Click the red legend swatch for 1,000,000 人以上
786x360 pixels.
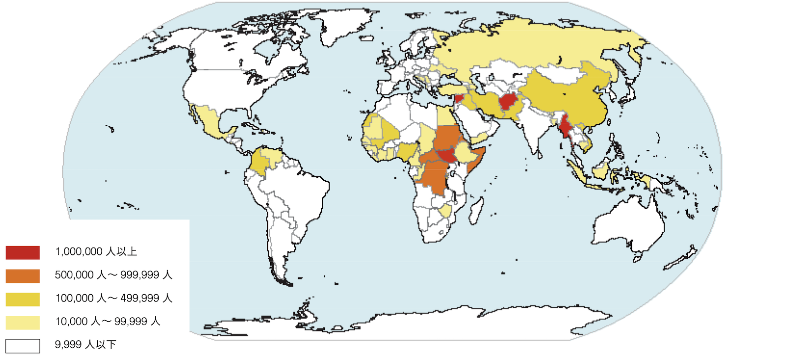coord(23,252)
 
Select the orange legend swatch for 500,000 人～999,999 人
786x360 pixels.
coord(23,276)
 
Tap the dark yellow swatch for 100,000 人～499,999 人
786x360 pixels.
coord(23,299)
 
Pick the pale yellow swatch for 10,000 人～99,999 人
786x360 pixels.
coord(23,323)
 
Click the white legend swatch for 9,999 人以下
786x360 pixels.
coord(23,346)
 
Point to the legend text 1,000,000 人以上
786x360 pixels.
coord(96,252)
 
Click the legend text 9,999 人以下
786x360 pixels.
coord(85,345)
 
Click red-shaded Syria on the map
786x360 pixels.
coord(459,98)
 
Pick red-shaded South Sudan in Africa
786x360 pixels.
coord(447,156)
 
